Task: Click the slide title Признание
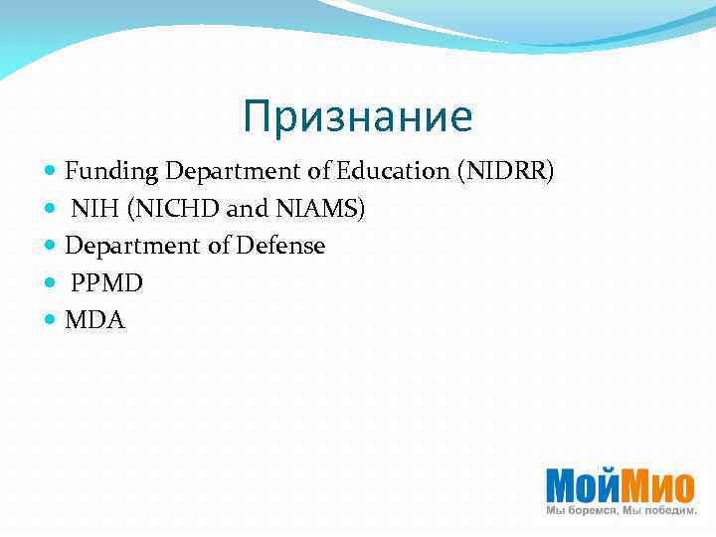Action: (x=357, y=117)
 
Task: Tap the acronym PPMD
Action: (x=106, y=283)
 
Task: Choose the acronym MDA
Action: (x=94, y=320)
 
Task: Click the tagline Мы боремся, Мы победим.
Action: (x=622, y=510)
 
